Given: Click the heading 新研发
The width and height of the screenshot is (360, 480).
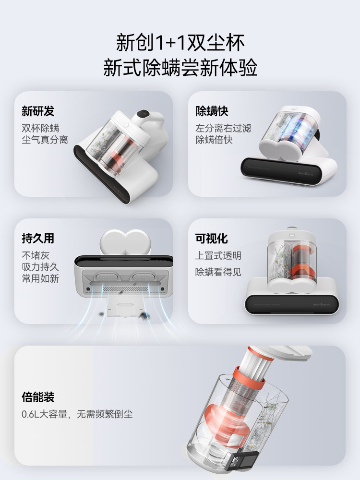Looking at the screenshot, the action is point(38,111).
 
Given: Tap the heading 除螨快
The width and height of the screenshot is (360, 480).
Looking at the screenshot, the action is point(212,111).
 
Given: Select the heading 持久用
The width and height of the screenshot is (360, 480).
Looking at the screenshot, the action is point(38,238).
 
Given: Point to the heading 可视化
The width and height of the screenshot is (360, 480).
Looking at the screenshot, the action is point(212,239).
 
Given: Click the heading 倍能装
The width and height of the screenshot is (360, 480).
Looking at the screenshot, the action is point(38,397).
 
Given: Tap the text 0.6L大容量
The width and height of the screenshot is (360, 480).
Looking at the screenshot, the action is point(44,414).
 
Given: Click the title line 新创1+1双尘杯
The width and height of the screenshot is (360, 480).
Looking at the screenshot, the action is point(180,43).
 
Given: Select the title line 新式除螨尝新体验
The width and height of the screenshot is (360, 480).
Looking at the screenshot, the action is point(180,68).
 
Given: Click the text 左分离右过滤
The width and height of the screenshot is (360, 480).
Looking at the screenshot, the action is point(223,128).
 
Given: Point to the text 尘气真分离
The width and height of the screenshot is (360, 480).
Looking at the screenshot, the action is point(45,140).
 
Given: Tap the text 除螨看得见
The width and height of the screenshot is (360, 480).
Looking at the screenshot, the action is point(218,272).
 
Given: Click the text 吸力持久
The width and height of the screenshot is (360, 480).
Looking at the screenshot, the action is point(40,267).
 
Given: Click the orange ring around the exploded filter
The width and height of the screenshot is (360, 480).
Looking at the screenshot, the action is point(248,378).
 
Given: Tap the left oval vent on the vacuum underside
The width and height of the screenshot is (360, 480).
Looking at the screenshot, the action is point(107,277).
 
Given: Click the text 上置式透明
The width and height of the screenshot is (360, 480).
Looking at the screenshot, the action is point(218,255).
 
